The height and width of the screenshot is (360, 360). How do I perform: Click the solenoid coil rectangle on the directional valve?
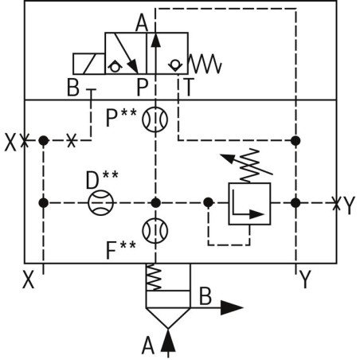pyautogui.click(x=88, y=65)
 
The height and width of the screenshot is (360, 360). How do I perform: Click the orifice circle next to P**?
pyautogui.click(x=156, y=120)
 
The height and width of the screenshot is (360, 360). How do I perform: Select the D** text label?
pyautogui.click(x=102, y=177)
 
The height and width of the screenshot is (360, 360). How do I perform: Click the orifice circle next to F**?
pyautogui.click(x=156, y=230)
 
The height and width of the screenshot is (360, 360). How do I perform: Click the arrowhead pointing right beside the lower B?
pyautogui.click(x=233, y=306)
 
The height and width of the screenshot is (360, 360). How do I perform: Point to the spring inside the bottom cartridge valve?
pyautogui.click(x=156, y=276)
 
